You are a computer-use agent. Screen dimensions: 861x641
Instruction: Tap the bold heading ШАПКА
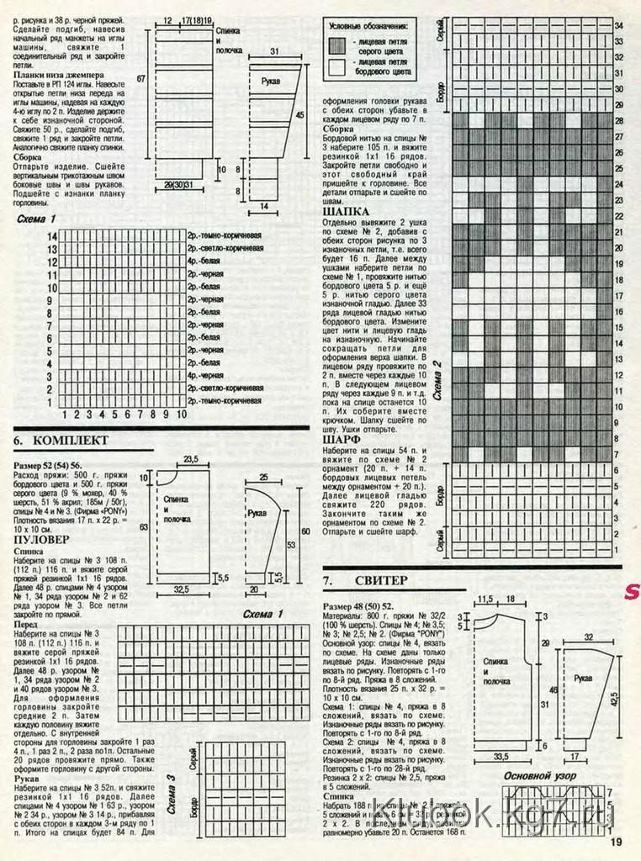(x=347, y=212)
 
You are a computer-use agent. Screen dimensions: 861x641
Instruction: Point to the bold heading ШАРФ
(x=342, y=439)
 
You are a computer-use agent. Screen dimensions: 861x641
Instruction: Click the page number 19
(x=616, y=843)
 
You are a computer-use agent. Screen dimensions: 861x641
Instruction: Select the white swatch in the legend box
(x=338, y=66)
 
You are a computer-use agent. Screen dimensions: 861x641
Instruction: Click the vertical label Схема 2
(x=437, y=378)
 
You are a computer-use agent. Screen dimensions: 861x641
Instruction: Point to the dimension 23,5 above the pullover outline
(x=191, y=458)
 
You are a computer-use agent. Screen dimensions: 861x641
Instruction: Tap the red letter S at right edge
(x=631, y=592)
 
